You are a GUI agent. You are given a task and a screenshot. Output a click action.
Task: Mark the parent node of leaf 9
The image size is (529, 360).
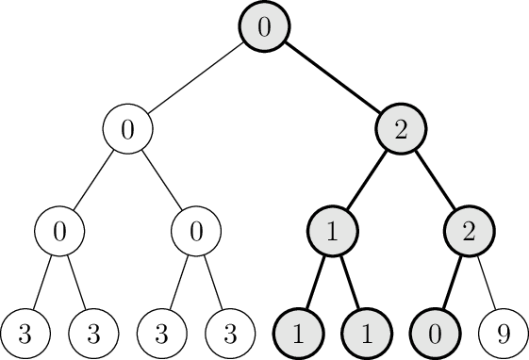(x=468, y=231)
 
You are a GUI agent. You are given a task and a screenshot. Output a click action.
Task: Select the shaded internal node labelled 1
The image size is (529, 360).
(x=332, y=231)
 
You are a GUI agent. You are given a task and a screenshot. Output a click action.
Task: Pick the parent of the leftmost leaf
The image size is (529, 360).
(x=59, y=231)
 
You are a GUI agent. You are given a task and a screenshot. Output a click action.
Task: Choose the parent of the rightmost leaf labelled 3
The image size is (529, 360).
(x=196, y=231)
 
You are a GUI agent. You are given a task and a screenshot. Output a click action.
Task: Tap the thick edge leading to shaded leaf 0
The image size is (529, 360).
(x=451, y=282)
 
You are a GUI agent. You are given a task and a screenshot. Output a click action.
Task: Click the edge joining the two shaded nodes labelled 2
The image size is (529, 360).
(x=434, y=180)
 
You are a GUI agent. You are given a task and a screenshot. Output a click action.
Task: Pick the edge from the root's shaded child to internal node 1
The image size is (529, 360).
(x=366, y=180)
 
